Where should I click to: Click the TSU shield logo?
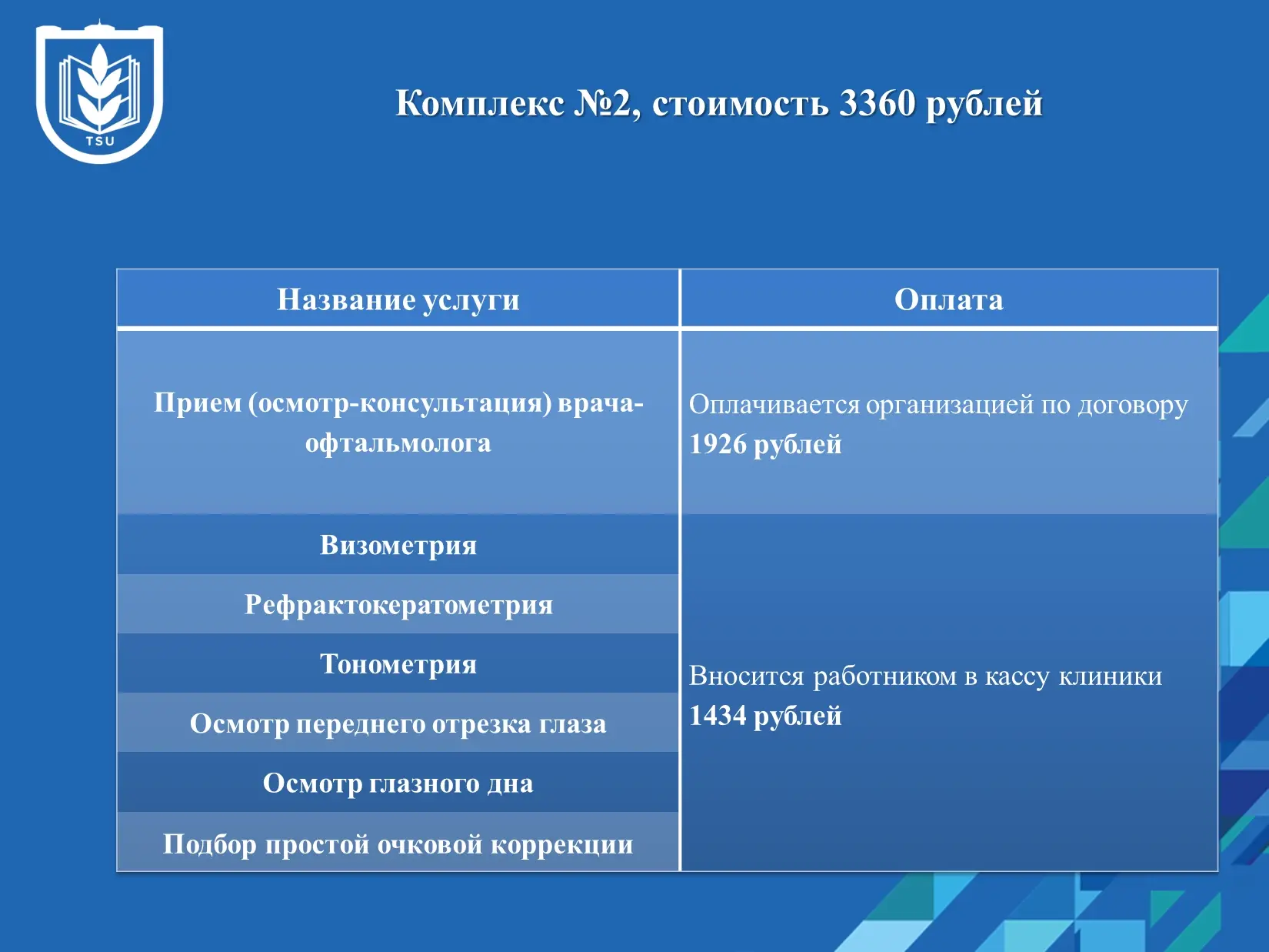pyautogui.click(x=99, y=92)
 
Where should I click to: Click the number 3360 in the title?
pyautogui.click(x=877, y=104)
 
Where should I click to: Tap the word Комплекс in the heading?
pyautogui.click(x=479, y=104)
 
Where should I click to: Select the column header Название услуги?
pyautogui.click(x=398, y=300)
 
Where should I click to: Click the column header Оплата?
pyautogui.click(x=949, y=299)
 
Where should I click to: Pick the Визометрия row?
pyautogui.click(x=398, y=545)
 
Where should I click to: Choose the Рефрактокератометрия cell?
pyautogui.click(x=398, y=605)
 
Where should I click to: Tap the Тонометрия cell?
pyautogui.click(x=398, y=664)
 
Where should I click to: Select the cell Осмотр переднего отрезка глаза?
pyautogui.click(x=398, y=723)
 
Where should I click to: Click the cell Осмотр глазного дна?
pyautogui.click(x=398, y=783)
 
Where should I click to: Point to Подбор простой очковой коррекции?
pyautogui.click(x=398, y=843)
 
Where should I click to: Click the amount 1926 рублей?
pyautogui.click(x=765, y=445)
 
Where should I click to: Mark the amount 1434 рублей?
pyautogui.click(x=765, y=716)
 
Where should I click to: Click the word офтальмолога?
pyautogui.click(x=398, y=443)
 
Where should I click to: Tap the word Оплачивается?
pyautogui.click(x=774, y=404)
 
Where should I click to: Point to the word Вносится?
pyautogui.click(x=746, y=676)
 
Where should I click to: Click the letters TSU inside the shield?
pyautogui.click(x=100, y=141)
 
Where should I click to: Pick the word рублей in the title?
pyautogui.click(x=984, y=105)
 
